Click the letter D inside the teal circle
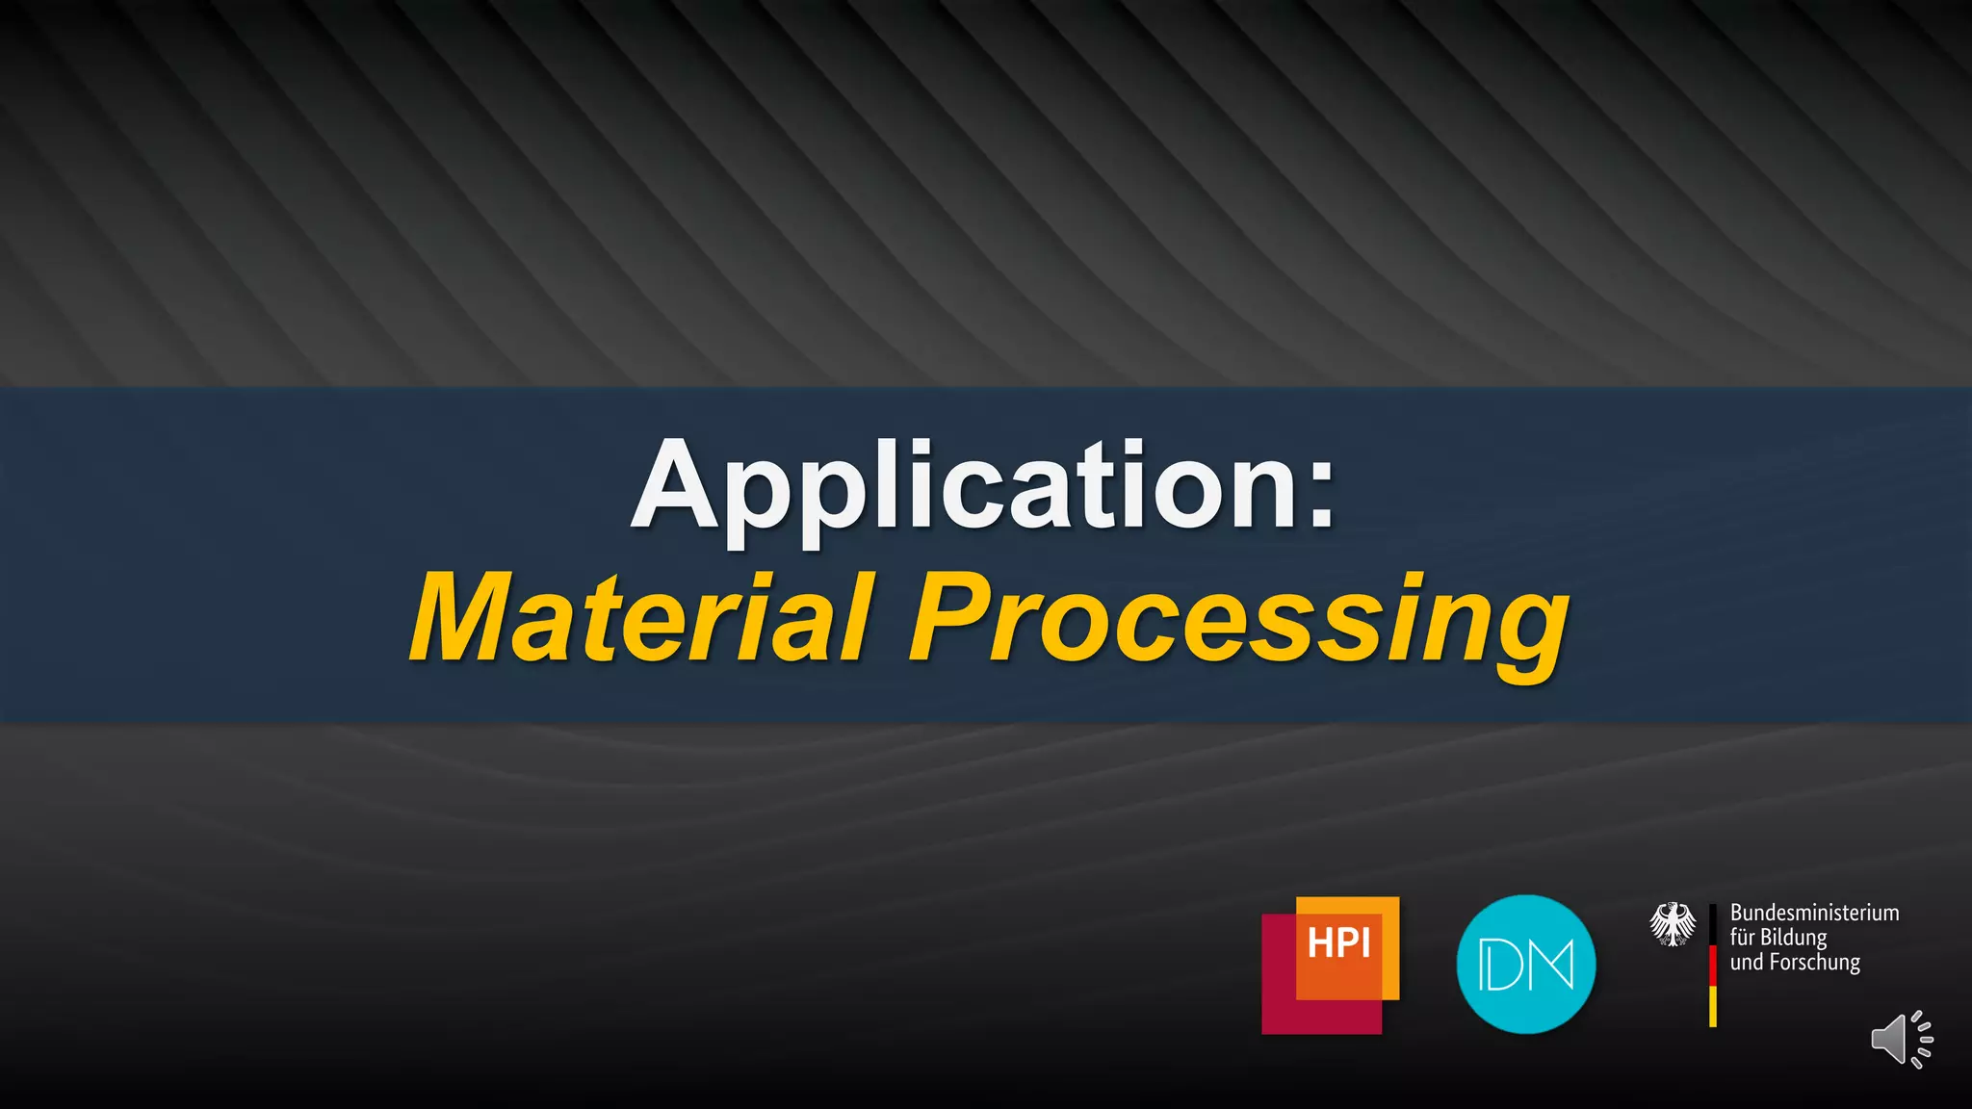pos(1502,966)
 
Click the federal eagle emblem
pos(1673,924)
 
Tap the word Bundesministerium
pos(1814,913)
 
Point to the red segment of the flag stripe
pos(1713,966)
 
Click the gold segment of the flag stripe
pos(1713,1006)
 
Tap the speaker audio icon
pos(1901,1040)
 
